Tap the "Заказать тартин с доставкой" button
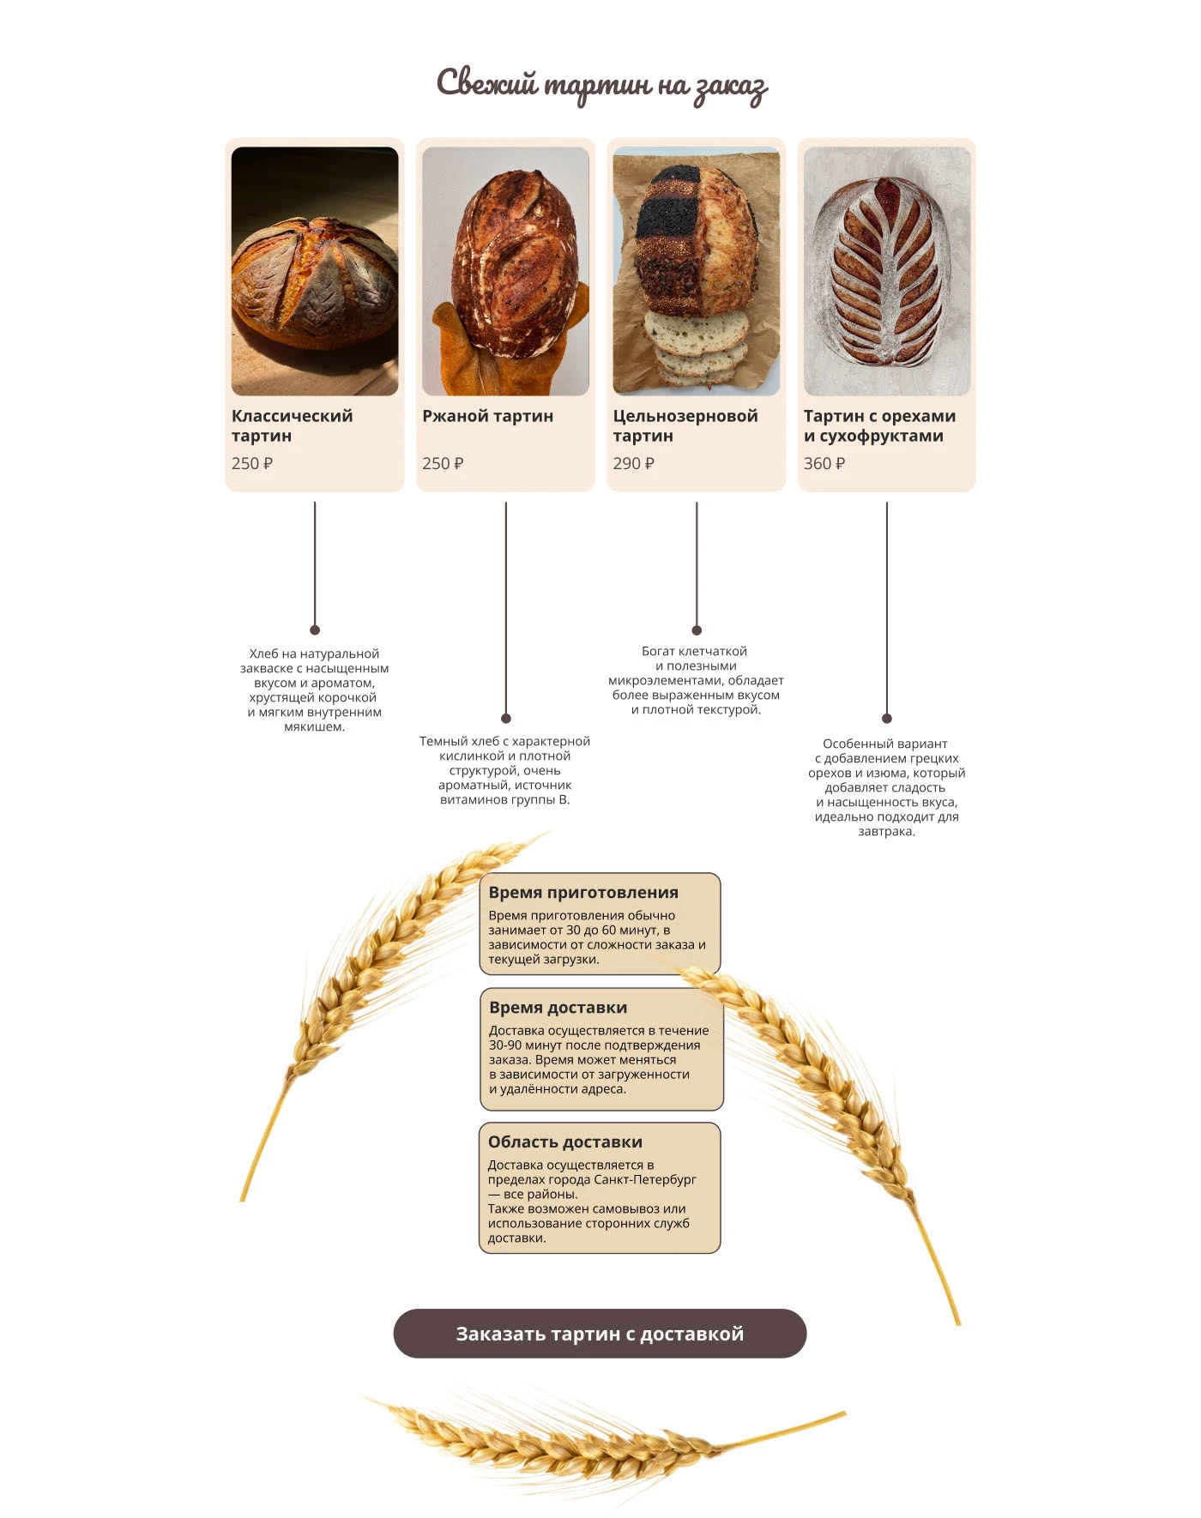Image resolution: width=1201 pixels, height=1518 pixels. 600,1333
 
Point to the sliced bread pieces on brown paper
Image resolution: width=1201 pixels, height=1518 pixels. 695,347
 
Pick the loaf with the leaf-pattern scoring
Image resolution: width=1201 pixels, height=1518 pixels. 886,271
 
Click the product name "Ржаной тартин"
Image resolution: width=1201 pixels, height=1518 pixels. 487,416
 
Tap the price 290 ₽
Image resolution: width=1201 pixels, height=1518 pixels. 633,463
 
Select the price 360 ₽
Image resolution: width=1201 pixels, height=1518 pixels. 824,463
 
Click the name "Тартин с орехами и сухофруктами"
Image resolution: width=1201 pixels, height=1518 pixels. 878,425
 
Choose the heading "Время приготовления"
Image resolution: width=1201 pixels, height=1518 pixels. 583,892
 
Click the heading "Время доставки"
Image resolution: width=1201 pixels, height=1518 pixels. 558,1007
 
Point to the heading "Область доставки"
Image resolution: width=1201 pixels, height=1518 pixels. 564,1142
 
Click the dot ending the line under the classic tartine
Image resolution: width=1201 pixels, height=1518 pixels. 315,630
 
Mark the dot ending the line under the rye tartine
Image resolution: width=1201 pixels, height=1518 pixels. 506,718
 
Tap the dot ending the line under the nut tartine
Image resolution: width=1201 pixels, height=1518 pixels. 886,718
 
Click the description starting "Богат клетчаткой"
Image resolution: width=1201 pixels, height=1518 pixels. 696,680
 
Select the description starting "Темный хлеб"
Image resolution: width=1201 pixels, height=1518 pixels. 504,769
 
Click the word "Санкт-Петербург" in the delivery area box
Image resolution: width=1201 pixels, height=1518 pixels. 644,1179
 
